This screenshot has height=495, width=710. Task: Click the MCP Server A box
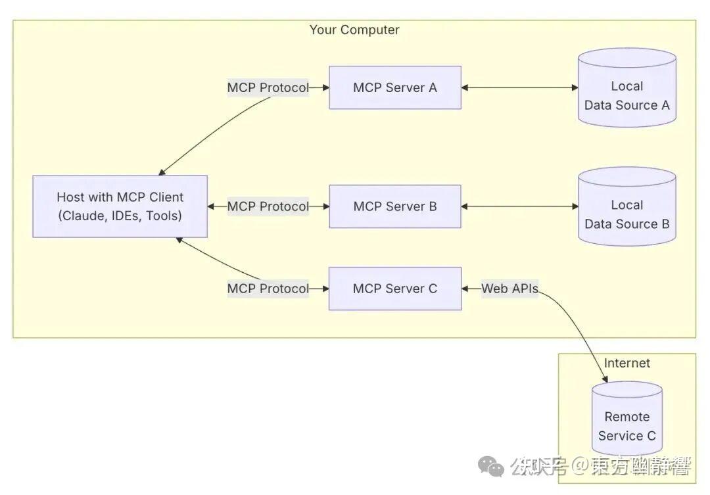[x=394, y=87]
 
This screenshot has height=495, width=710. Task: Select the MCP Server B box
[x=394, y=206]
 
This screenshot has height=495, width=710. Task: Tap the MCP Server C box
[x=394, y=289]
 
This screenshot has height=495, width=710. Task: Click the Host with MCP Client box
[x=120, y=206]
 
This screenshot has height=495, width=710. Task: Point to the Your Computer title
[x=354, y=30]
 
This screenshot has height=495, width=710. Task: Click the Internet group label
[x=627, y=363]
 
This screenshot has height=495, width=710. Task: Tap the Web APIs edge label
[x=509, y=289]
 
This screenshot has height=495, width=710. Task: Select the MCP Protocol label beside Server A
[x=268, y=87]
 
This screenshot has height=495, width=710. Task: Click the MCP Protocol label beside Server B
[x=268, y=206]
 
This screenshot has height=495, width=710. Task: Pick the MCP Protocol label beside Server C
[x=268, y=289]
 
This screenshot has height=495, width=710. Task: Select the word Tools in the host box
[x=162, y=216]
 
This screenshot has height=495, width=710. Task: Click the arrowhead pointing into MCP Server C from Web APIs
[x=466, y=289]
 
